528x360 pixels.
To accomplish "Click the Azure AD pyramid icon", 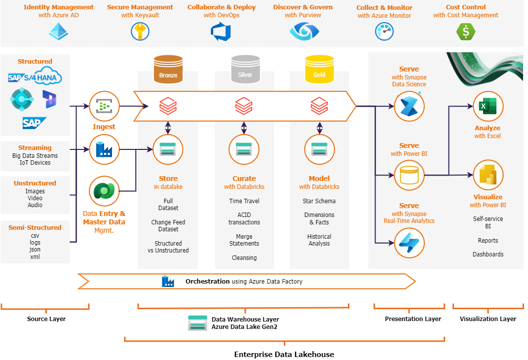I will (59, 32).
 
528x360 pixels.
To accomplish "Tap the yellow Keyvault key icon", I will (140, 32).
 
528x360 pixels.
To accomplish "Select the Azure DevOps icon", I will (221, 32).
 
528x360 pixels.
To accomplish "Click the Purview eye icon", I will (304, 32).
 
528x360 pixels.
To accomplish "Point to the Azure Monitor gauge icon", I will (384, 32).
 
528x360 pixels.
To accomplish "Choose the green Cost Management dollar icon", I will (465, 32).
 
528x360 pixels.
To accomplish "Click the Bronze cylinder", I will (168, 69).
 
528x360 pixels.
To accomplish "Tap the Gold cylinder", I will (319, 69).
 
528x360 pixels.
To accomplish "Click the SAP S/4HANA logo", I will (35, 78).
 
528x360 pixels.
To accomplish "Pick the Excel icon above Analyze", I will (488, 106).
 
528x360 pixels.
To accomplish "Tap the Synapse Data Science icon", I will (409, 107).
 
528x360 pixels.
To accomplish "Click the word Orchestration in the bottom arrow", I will (207, 281).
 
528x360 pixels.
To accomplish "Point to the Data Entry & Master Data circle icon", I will (104, 191).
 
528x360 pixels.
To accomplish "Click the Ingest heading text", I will (104, 127).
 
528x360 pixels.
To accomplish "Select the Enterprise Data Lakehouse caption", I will (284, 354).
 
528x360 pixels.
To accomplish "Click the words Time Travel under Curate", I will (244, 201).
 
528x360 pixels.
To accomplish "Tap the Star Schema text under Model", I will (319, 201).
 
